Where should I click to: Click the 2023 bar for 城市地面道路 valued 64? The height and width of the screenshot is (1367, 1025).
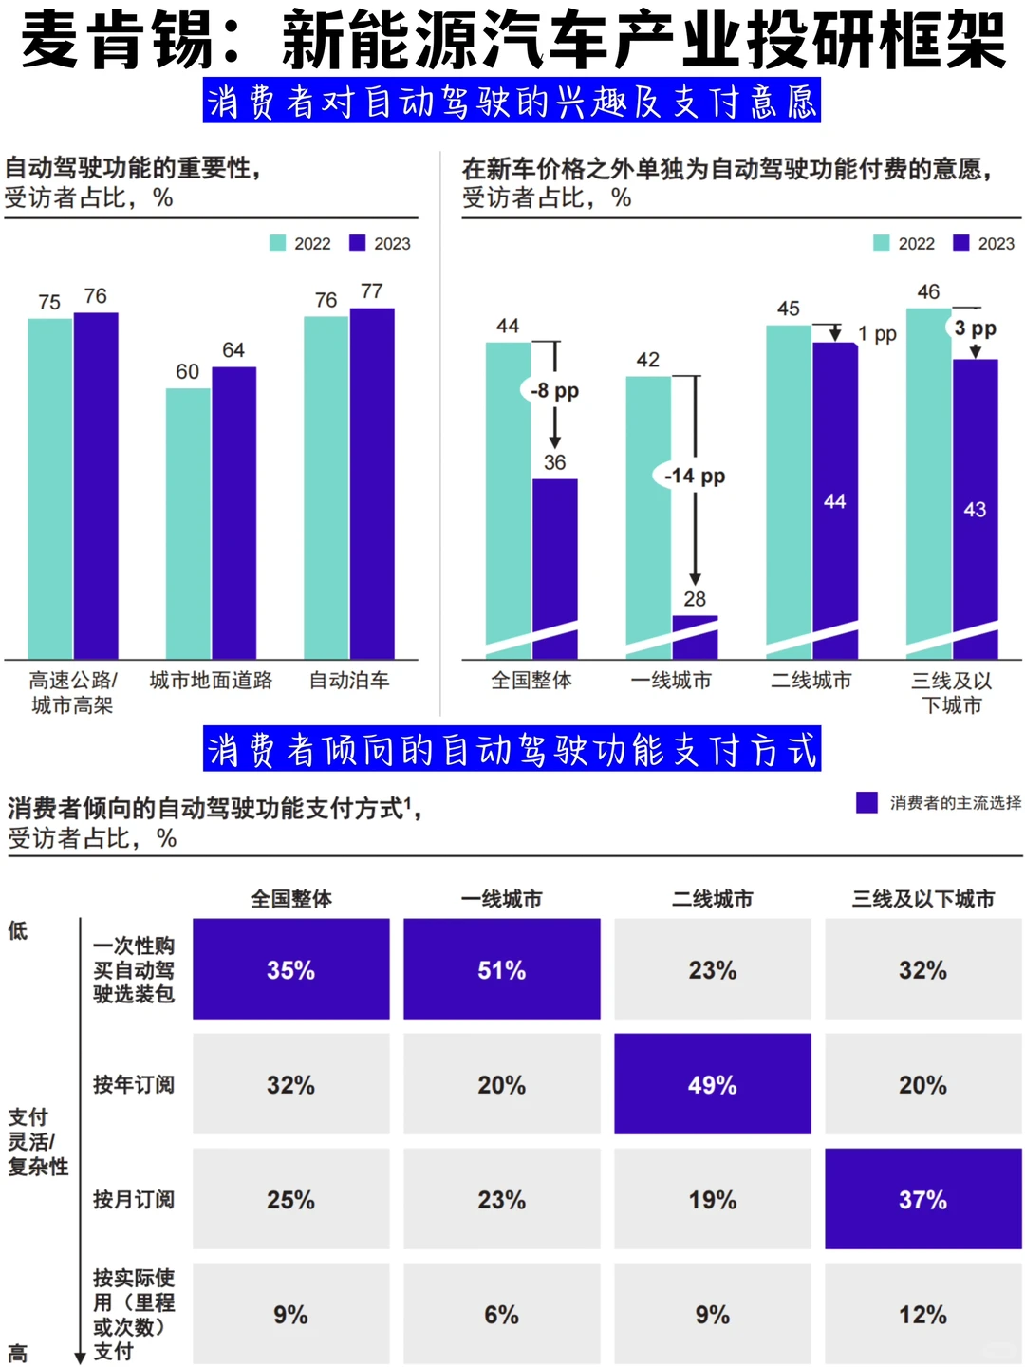pos(233,513)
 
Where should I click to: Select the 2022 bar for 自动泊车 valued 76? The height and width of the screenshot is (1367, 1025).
pos(326,487)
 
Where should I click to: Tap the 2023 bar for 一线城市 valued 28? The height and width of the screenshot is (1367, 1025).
pos(695,634)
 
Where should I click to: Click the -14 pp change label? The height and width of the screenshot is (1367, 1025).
pos(695,476)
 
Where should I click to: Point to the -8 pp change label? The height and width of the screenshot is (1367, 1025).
pos(554,390)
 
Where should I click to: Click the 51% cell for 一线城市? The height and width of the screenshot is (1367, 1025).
pos(501,969)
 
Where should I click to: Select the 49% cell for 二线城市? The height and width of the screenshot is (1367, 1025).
pos(712,1084)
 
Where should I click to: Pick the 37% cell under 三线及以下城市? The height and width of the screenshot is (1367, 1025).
pos(922,1199)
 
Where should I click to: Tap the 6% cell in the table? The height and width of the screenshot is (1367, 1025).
pos(501,1314)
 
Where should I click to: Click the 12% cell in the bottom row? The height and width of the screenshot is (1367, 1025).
pos(922,1314)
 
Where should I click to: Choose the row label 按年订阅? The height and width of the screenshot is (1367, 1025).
pos(133,1084)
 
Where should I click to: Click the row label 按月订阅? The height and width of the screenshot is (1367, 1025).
pos(133,1199)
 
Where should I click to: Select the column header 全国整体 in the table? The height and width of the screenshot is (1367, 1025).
pos(290,898)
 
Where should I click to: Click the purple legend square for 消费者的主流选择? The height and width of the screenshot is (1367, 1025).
pos(867,803)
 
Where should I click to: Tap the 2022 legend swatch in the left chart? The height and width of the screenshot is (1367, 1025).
pos(278,243)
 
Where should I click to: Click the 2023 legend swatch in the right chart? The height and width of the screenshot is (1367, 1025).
pos(961,243)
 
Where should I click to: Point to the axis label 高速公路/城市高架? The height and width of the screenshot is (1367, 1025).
pos(72,692)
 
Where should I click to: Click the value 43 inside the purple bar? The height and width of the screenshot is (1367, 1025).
pos(975,510)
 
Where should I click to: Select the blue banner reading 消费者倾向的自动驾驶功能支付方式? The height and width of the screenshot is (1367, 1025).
pos(512,750)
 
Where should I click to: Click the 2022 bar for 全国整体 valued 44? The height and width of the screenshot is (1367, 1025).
pos(508,494)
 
